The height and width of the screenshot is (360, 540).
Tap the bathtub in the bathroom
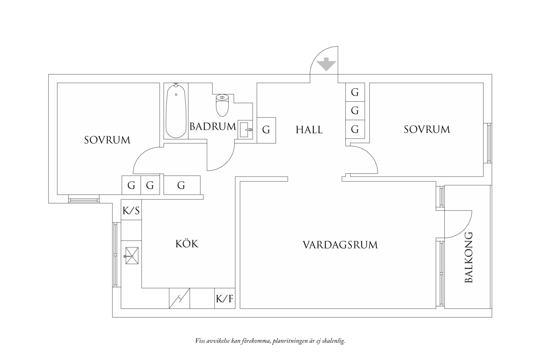[176, 111]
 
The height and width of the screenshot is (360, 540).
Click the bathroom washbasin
[245, 130]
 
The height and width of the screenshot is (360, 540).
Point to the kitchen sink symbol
[132, 256]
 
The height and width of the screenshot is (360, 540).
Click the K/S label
[131, 210]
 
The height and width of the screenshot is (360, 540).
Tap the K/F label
[225, 299]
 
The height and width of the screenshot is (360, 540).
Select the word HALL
[309, 130]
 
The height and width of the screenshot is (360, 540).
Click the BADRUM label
[212, 126]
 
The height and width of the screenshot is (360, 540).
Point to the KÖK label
[187, 244]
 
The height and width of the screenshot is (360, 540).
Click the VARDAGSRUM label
[340, 245]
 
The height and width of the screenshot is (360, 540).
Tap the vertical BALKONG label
[469, 258]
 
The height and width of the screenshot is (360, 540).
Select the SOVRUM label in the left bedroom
[107, 140]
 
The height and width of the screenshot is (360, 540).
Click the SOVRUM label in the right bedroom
[427, 130]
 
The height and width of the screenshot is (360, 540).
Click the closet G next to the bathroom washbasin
[266, 130]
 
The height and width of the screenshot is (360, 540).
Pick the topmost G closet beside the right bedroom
[355, 92]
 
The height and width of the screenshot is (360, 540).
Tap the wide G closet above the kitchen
[181, 185]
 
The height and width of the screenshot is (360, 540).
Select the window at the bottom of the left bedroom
[84, 200]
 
